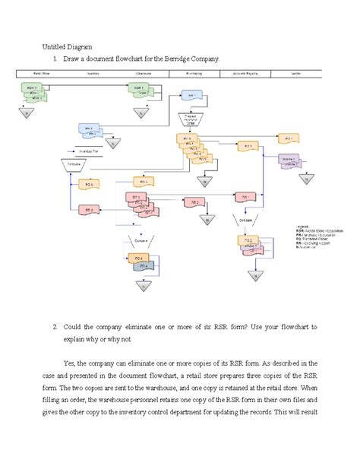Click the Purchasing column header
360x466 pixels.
coord(194,74)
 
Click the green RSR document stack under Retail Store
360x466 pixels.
coord(30,91)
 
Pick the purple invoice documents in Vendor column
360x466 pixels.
coord(289,161)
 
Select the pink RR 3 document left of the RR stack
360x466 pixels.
coord(90,209)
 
